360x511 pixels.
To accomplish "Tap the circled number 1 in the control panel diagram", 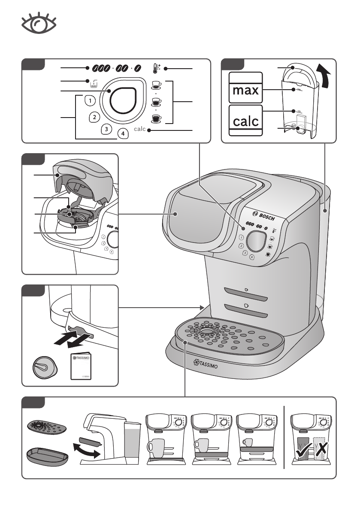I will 89,101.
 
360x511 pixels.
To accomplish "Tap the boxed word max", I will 246,91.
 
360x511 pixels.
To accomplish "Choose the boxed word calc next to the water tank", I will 246,121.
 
